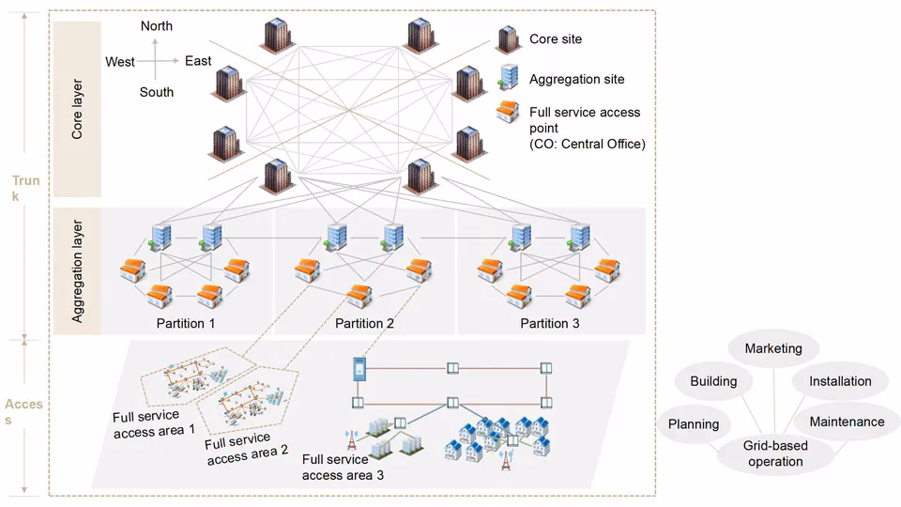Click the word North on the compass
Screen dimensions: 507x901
pos(157,26)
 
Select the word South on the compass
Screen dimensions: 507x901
pos(157,92)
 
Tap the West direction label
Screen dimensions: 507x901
pos(120,62)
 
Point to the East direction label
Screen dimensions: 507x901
pos(198,61)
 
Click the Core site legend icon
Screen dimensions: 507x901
pos(508,39)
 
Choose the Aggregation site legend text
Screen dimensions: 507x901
pos(576,80)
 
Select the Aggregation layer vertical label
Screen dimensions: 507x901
pos(78,272)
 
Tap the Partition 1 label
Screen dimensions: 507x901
pos(186,324)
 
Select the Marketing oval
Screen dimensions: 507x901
pos(773,348)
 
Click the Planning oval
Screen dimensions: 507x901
pos(694,424)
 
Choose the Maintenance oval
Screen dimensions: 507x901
pos(847,422)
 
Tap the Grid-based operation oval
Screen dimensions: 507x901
pos(775,454)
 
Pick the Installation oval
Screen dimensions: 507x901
pos(839,381)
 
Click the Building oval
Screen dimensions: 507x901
pos(713,381)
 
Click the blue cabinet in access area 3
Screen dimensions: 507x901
pos(358,369)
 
